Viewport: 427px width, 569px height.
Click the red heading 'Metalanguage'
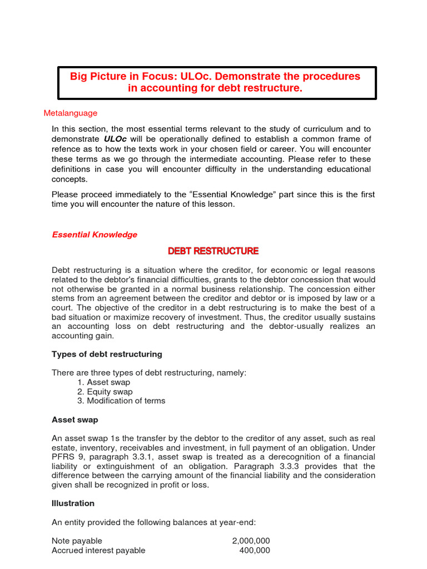point(71,113)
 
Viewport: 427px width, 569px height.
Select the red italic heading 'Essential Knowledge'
point(95,234)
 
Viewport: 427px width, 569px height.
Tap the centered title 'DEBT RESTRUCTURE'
point(213,251)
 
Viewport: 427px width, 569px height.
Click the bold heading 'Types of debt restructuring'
point(107,354)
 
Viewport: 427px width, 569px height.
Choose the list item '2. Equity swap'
point(105,392)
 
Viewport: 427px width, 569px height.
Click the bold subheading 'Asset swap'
point(75,420)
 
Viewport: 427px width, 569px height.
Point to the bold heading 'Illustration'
point(73,503)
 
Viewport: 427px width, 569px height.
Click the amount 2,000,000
point(251,541)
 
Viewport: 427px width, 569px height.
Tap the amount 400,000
point(255,550)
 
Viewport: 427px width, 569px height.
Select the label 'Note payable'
point(77,541)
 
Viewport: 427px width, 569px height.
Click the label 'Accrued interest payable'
point(98,550)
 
